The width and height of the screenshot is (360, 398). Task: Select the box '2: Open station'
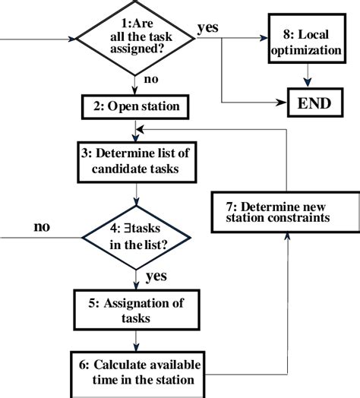[x=134, y=107]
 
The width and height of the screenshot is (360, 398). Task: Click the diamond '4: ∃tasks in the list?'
[x=134, y=236]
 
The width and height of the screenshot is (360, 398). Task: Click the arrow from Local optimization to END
[x=307, y=76]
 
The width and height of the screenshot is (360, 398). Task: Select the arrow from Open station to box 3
[x=134, y=129]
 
